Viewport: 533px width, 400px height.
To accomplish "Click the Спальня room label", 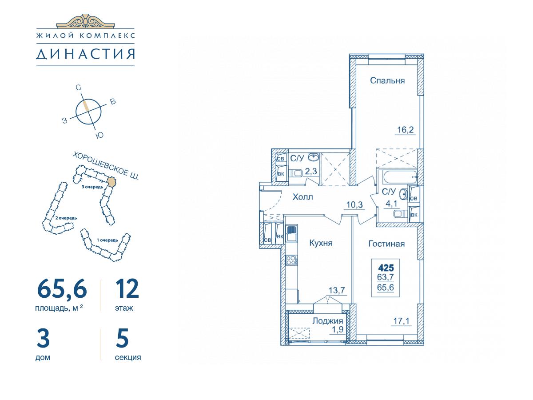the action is (x=387, y=80).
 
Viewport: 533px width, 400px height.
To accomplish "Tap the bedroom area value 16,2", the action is (x=405, y=130).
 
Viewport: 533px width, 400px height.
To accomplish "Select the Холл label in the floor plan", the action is (x=302, y=197).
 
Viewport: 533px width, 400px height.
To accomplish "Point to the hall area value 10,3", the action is (x=354, y=205).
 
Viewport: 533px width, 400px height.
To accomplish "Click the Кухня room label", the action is (x=321, y=243).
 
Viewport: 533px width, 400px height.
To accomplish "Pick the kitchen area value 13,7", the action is (x=337, y=290).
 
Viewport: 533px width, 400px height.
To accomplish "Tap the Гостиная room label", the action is (x=386, y=244).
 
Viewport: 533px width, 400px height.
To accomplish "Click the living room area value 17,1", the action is (x=402, y=321).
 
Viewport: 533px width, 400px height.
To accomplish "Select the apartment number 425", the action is (x=386, y=268).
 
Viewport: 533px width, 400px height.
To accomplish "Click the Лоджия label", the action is (x=327, y=321).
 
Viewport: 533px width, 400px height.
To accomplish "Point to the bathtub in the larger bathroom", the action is (x=397, y=177).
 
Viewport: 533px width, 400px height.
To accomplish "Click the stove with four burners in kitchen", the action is (x=291, y=260).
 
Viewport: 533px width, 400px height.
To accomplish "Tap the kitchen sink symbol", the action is (x=291, y=234).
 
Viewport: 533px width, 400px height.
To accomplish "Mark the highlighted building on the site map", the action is (x=111, y=182).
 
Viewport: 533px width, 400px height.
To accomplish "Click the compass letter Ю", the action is (x=99, y=135).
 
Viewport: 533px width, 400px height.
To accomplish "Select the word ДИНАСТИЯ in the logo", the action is (x=85, y=54).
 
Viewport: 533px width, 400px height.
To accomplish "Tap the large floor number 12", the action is (x=127, y=288).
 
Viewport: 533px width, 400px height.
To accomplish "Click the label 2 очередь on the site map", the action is (x=66, y=218).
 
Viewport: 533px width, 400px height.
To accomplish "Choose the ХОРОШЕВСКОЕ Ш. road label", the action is (x=106, y=166).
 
